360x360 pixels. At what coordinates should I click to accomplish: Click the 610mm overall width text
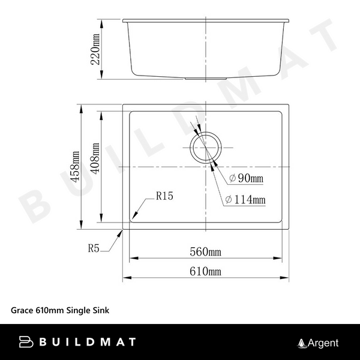tap(206, 272)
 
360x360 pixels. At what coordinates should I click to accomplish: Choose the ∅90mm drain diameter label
tap(247, 179)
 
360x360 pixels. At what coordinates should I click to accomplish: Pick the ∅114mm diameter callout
tap(245, 200)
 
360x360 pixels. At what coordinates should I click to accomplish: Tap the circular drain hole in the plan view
tap(206, 146)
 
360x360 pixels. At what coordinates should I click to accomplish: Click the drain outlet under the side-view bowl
tap(206, 78)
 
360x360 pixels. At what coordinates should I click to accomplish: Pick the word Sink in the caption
tap(99, 311)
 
